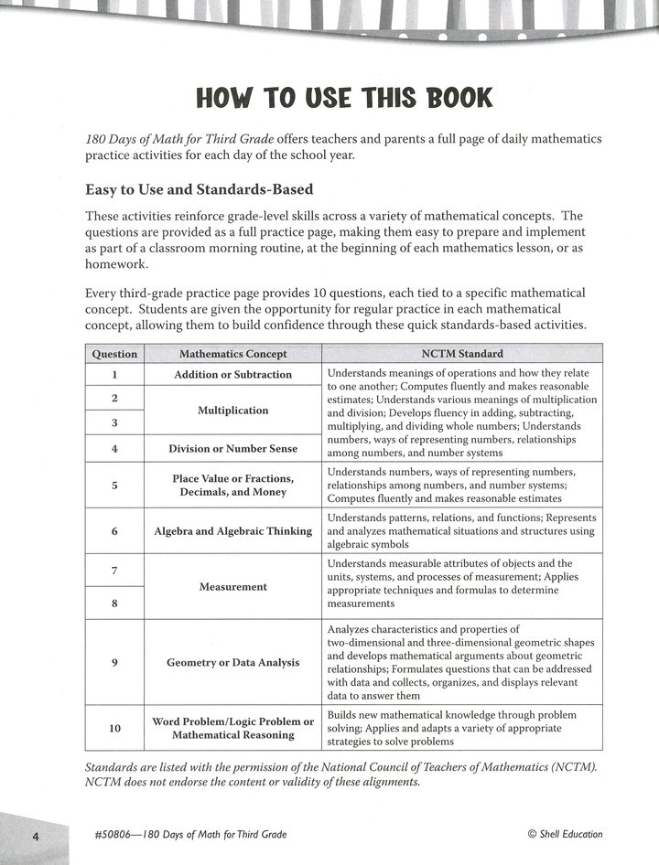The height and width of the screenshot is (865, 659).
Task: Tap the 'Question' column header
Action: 114,354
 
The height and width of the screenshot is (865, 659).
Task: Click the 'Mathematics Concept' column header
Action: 232,354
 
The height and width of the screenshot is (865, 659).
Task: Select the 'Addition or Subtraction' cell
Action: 232,374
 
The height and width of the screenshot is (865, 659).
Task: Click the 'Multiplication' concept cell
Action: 232,411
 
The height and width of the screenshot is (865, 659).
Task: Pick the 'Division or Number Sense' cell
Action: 232,448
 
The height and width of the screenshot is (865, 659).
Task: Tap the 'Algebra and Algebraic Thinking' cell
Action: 232,531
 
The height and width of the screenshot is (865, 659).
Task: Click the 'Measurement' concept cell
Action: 232,586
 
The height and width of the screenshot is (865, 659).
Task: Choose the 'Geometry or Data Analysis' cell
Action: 232,662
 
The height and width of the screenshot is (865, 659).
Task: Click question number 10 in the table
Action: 114,728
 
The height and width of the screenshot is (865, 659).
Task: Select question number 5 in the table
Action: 114,486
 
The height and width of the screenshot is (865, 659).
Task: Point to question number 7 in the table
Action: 114,570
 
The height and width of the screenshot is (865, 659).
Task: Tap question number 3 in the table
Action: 114,422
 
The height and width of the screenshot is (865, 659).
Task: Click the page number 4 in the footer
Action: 35,836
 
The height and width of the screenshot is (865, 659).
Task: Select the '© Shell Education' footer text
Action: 565,834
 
